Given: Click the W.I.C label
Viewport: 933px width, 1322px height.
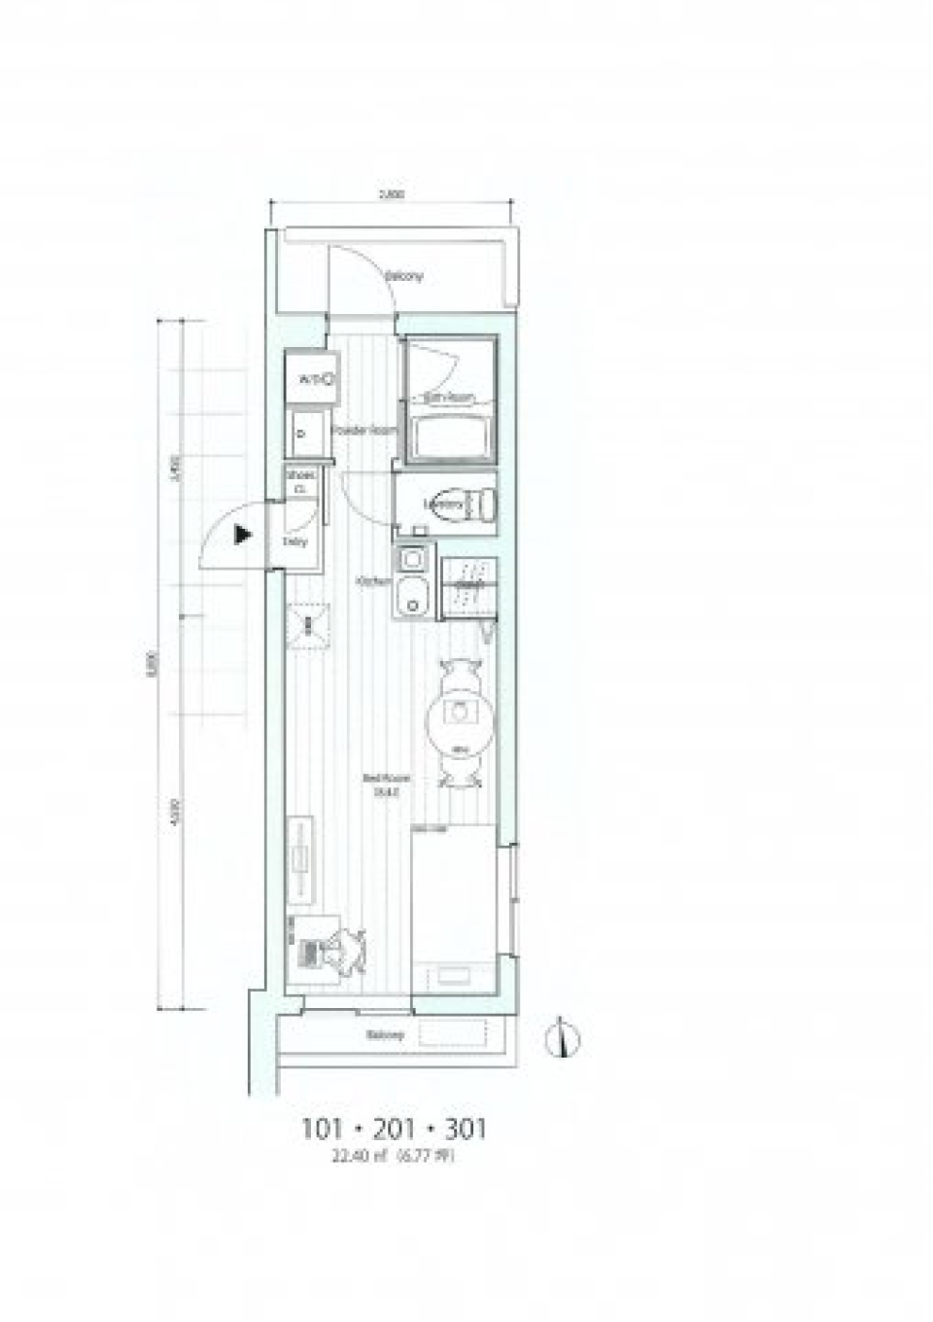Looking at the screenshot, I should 311,378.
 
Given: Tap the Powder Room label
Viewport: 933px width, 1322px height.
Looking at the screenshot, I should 362,430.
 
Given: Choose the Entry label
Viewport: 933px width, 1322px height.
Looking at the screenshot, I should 295,541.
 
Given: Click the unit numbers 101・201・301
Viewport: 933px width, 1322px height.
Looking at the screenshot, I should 394,1130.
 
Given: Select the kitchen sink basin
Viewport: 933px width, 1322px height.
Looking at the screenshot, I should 411,595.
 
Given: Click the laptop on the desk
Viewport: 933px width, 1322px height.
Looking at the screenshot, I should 312,952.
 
